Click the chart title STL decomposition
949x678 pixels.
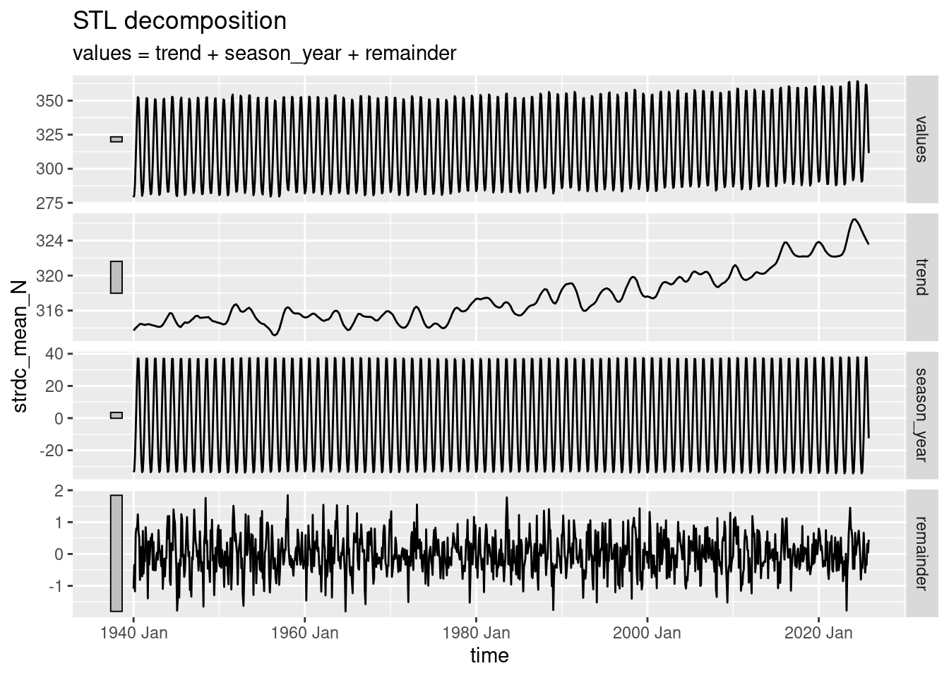pos(179,21)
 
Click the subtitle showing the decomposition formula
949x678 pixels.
pos(264,53)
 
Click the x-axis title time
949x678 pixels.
pos(489,656)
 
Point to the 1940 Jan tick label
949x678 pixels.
pos(134,633)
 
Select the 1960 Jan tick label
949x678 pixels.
pos(305,633)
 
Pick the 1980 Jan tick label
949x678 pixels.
pos(476,633)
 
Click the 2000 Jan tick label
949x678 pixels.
pos(647,633)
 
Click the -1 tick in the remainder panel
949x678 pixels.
pos(55,586)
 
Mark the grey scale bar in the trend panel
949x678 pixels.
pos(117,277)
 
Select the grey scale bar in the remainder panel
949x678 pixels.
pos(117,553)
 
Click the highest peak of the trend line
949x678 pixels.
pos(854,220)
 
